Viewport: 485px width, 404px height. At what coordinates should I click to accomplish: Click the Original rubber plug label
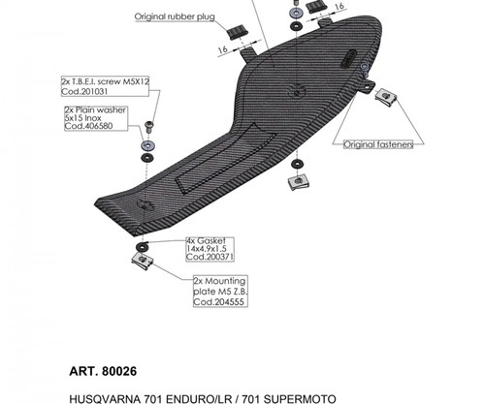point(175,16)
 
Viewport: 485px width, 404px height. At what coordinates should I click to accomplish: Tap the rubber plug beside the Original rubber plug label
point(237,32)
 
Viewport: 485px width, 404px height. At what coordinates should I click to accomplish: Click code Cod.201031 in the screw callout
point(84,91)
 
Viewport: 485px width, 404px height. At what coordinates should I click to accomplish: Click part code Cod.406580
point(88,126)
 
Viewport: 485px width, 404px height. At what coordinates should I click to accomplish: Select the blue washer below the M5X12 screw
point(147,146)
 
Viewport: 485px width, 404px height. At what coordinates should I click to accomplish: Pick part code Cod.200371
point(210,257)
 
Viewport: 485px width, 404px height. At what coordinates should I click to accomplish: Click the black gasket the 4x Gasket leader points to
point(143,247)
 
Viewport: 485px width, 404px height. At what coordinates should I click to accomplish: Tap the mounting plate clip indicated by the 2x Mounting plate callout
point(143,261)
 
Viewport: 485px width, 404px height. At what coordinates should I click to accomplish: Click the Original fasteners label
point(378,144)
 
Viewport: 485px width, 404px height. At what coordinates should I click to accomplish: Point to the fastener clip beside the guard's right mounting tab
point(386,97)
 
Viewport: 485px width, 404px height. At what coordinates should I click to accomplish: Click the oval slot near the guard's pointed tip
point(348,58)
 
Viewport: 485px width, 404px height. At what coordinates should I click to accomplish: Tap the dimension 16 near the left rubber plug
point(222,49)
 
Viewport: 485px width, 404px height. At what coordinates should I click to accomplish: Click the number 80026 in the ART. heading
point(119,371)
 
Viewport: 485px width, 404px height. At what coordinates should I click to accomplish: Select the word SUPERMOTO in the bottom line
point(300,399)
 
